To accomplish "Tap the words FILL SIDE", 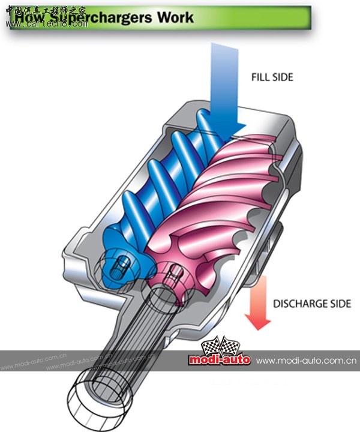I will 272,77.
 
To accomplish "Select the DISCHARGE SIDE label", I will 312,304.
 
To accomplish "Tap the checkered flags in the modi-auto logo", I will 215,347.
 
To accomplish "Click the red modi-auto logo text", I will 219,360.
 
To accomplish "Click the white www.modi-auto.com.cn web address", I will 307,361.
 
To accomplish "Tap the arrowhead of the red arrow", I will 259,324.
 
